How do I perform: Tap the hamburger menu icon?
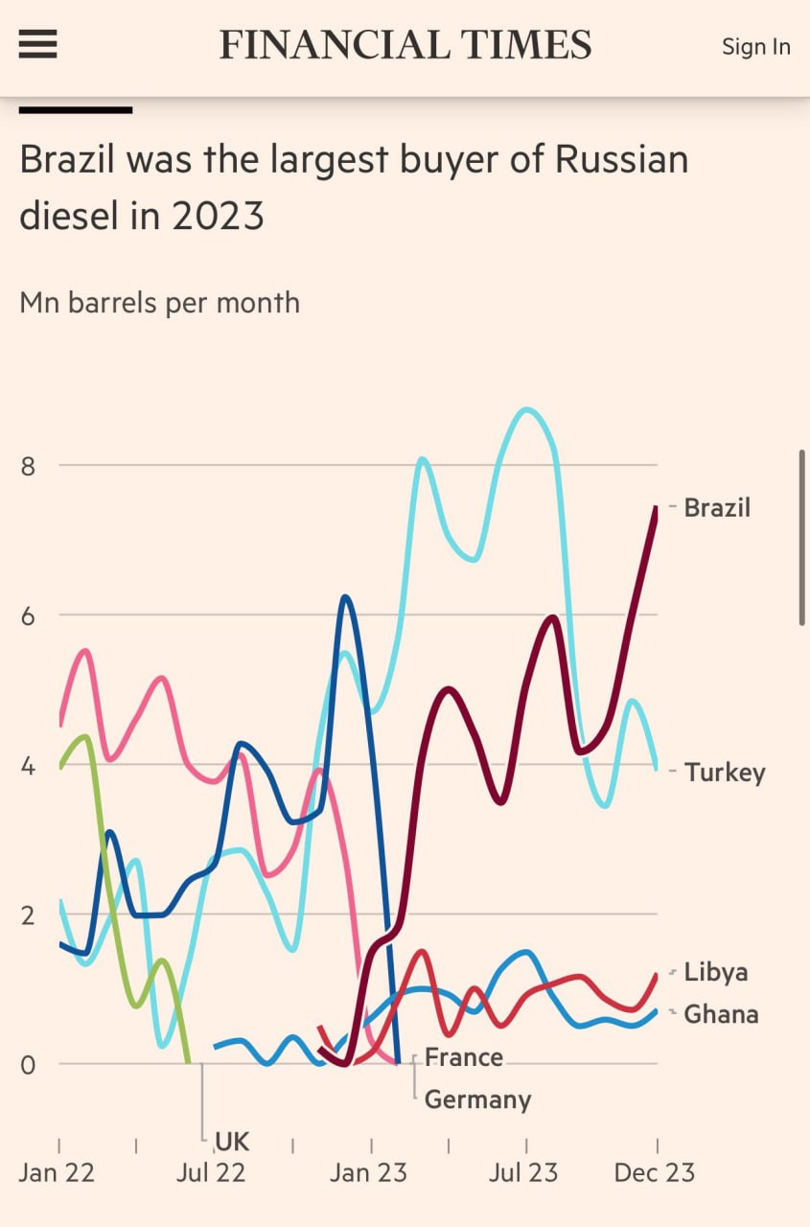pyautogui.click(x=38, y=44)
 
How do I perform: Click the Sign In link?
pyautogui.click(x=756, y=46)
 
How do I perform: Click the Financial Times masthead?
pyautogui.click(x=405, y=45)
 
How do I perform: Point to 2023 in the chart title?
pyautogui.click(x=218, y=216)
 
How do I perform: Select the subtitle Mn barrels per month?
pyautogui.click(x=159, y=303)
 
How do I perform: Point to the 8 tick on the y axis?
pyautogui.click(x=27, y=466)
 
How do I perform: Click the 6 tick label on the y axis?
pyautogui.click(x=27, y=615)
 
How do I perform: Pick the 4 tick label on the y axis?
pyautogui.click(x=27, y=766)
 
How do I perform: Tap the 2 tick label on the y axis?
pyautogui.click(x=27, y=914)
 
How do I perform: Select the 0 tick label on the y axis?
pyautogui.click(x=27, y=1064)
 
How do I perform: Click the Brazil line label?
pyautogui.click(x=717, y=507)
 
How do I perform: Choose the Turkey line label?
pyautogui.click(x=725, y=773)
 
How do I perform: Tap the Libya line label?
pyautogui.click(x=716, y=972)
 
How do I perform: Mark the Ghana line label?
pyautogui.click(x=721, y=1014)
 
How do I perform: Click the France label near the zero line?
pyautogui.click(x=464, y=1057)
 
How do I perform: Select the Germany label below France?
pyautogui.click(x=477, y=1100)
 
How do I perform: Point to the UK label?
pyautogui.click(x=232, y=1141)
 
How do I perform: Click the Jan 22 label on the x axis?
pyautogui.click(x=58, y=1172)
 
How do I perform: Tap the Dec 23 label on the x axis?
pyautogui.click(x=655, y=1172)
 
